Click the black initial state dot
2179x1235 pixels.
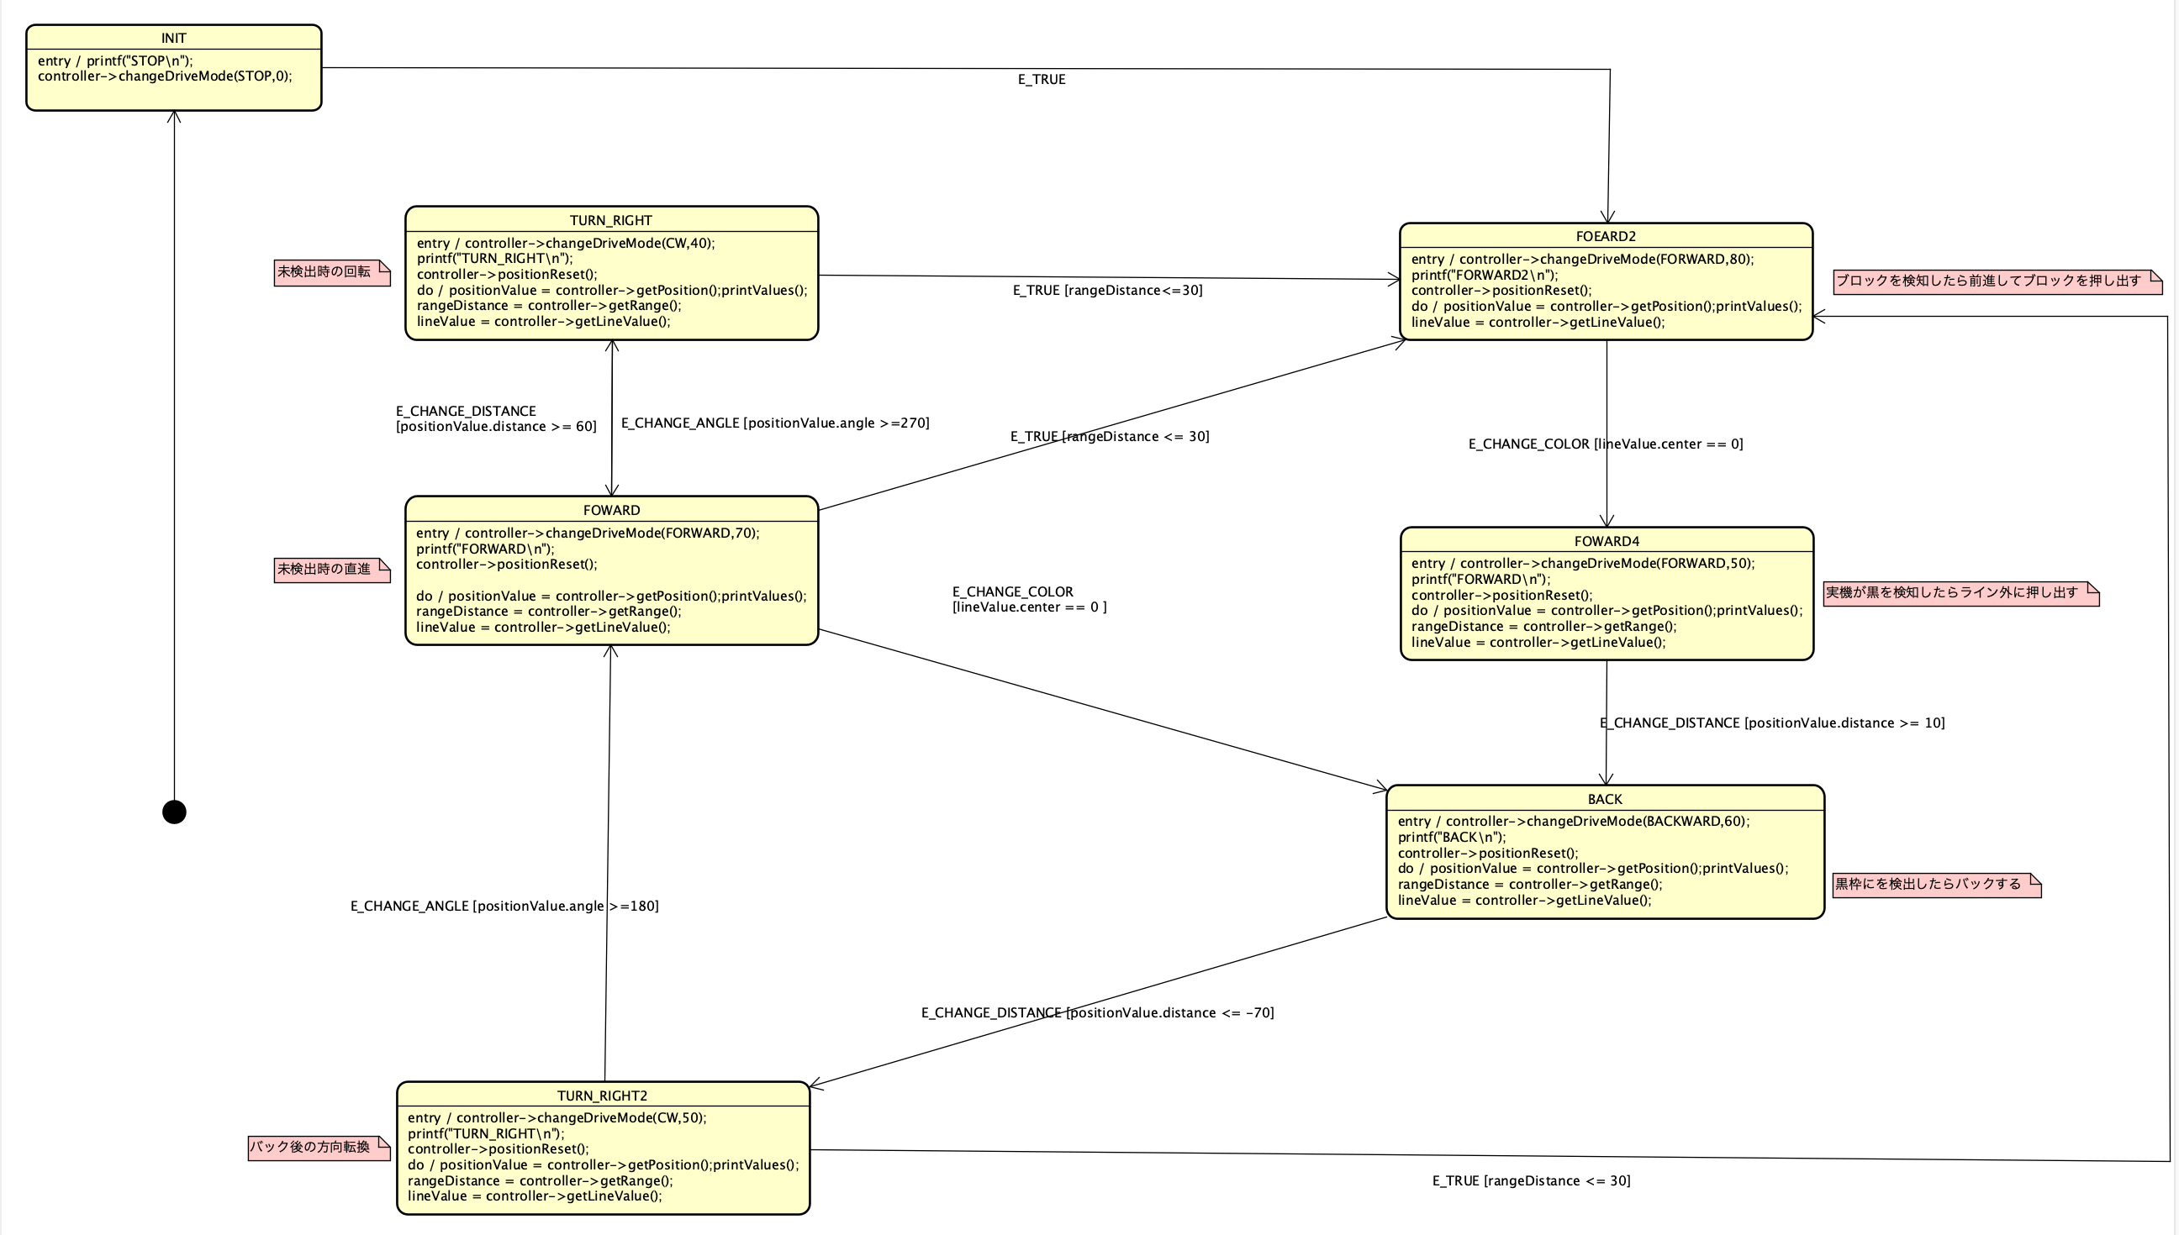tap(174, 812)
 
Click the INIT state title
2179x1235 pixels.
tap(174, 38)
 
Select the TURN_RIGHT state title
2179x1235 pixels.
tap(611, 220)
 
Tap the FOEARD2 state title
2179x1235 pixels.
tap(1606, 237)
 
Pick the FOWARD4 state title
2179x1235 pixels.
tap(1607, 541)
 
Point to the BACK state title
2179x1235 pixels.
tap(1605, 799)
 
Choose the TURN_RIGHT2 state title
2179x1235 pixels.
tap(603, 1096)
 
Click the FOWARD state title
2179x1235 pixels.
tap(611, 511)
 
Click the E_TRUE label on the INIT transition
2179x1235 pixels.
tap(1041, 80)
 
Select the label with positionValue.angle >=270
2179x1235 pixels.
tap(775, 423)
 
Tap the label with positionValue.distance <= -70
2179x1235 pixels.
tap(1097, 1012)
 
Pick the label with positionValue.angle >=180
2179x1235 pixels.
tap(504, 906)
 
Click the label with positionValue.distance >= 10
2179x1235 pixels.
tap(1772, 723)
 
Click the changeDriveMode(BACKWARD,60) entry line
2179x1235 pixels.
tap(1573, 821)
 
